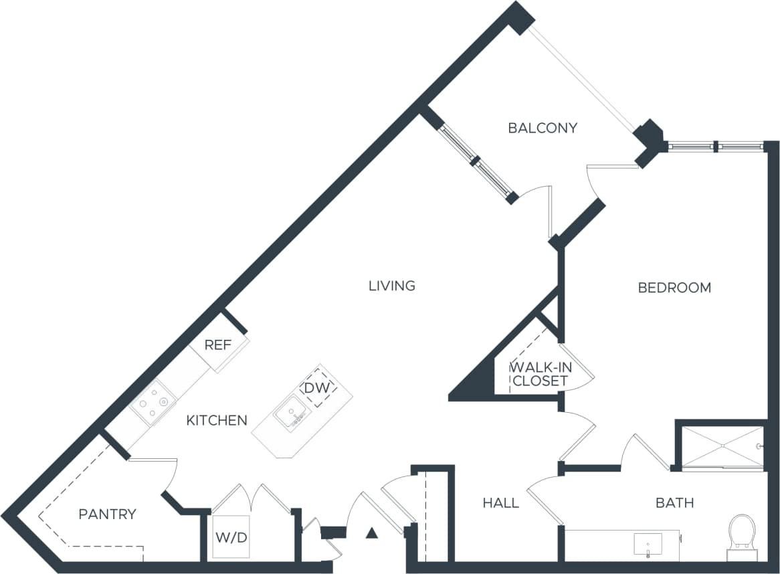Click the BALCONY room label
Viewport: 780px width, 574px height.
pyautogui.click(x=542, y=128)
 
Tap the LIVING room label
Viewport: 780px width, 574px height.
pyautogui.click(x=392, y=286)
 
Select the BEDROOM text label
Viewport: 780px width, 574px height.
pyautogui.click(x=674, y=288)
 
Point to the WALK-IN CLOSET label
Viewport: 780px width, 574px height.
pyautogui.click(x=539, y=375)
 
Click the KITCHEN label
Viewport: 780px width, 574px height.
pyautogui.click(x=216, y=421)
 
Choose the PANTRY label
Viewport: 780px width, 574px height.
pyautogui.click(x=107, y=514)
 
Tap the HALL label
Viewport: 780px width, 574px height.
pyautogui.click(x=500, y=502)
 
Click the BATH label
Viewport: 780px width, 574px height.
pyautogui.click(x=674, y=502)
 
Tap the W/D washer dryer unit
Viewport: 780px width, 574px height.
pyautogui.click(x=231, y=537)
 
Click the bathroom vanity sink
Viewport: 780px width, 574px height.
pyautogui.click(x=648, y=543)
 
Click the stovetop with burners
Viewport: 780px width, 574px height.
pyautogui.click(x=153, y=402)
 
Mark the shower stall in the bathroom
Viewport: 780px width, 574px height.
pyautogui.click(x=721, y=446)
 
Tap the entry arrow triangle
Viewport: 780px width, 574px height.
pyautogui.click(x=372, y=533)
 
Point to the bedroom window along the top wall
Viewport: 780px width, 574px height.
pyautogui.click(x=715, y=145)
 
